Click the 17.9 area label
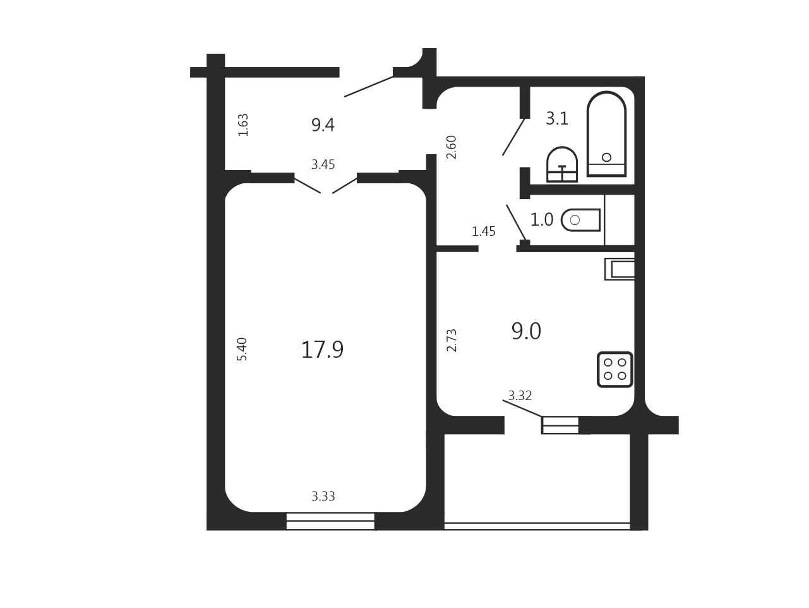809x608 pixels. coord(322,350)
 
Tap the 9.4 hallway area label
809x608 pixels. coord(323,125)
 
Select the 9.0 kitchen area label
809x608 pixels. coord(526,331)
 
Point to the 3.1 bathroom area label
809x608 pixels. coord(556,119)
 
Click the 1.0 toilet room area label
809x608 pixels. coord(541,220)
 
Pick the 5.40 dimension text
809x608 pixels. coord(242,349)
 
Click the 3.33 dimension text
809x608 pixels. coord(323,496)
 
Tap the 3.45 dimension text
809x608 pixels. coord(323,164)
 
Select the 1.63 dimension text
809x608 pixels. coord(243,125)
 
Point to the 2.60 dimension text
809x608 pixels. coord(451,147)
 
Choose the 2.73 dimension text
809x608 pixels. coord(452,340)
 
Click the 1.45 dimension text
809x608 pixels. coord(484,231)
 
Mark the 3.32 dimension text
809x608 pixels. coord(520,396)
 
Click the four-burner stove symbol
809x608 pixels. coord(614,370)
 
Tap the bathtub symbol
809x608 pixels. coord(606,134)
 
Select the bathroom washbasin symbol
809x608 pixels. coord(561,164)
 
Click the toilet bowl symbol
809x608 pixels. coord(581,220)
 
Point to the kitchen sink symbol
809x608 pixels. coord(619,269)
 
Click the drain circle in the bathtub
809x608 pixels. coord(606,157)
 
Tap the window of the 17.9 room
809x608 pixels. coord(330,521)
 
